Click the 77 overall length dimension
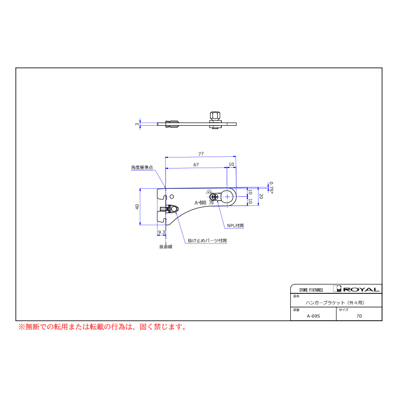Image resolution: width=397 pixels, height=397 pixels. coord(201,154)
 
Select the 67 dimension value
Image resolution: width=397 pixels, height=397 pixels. coord(196,165)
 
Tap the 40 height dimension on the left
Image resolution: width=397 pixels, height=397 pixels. coord(138,207)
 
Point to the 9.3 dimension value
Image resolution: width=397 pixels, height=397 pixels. coord(161,232)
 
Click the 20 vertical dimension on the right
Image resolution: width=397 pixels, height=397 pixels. coord(261,196)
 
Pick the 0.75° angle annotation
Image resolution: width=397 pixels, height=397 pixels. coord(271,188)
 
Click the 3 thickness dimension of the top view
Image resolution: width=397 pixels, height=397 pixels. coord(137,124)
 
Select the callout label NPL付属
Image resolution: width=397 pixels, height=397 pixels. coord(235,225)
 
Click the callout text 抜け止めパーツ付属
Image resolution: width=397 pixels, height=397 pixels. coord(207,241)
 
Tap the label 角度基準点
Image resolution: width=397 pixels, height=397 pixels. coord(142,168)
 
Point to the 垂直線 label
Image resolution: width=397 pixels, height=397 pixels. coord(166,247)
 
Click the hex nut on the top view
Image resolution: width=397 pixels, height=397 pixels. coord(215,116)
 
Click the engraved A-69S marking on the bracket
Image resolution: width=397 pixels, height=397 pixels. coord(201,203)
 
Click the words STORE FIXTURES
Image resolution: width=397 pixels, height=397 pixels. coord(311,290)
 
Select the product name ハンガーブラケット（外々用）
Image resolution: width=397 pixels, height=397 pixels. coord(335,303)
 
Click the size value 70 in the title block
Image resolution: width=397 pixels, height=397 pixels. coord(359,316)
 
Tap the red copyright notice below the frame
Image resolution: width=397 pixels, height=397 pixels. coord(102,327)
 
